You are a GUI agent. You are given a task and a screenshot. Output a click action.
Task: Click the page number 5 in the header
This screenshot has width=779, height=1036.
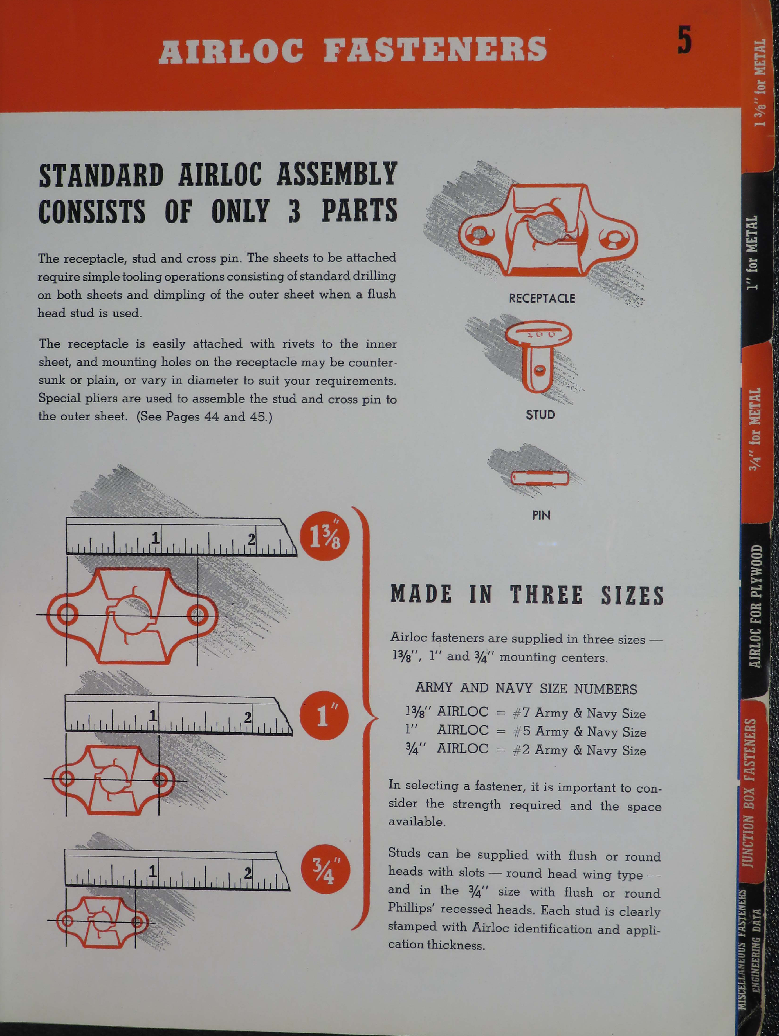[x=684, y=41]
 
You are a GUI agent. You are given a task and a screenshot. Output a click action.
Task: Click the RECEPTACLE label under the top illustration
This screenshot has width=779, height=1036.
[x=542, y=298]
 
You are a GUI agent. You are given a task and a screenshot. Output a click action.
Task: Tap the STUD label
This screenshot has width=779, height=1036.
[x=540, y=415]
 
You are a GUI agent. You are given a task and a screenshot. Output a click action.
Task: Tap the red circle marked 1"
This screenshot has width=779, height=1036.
[x=324, y=716]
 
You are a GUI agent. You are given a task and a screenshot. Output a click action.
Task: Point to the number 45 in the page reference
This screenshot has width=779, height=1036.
[x=257, y=416]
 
